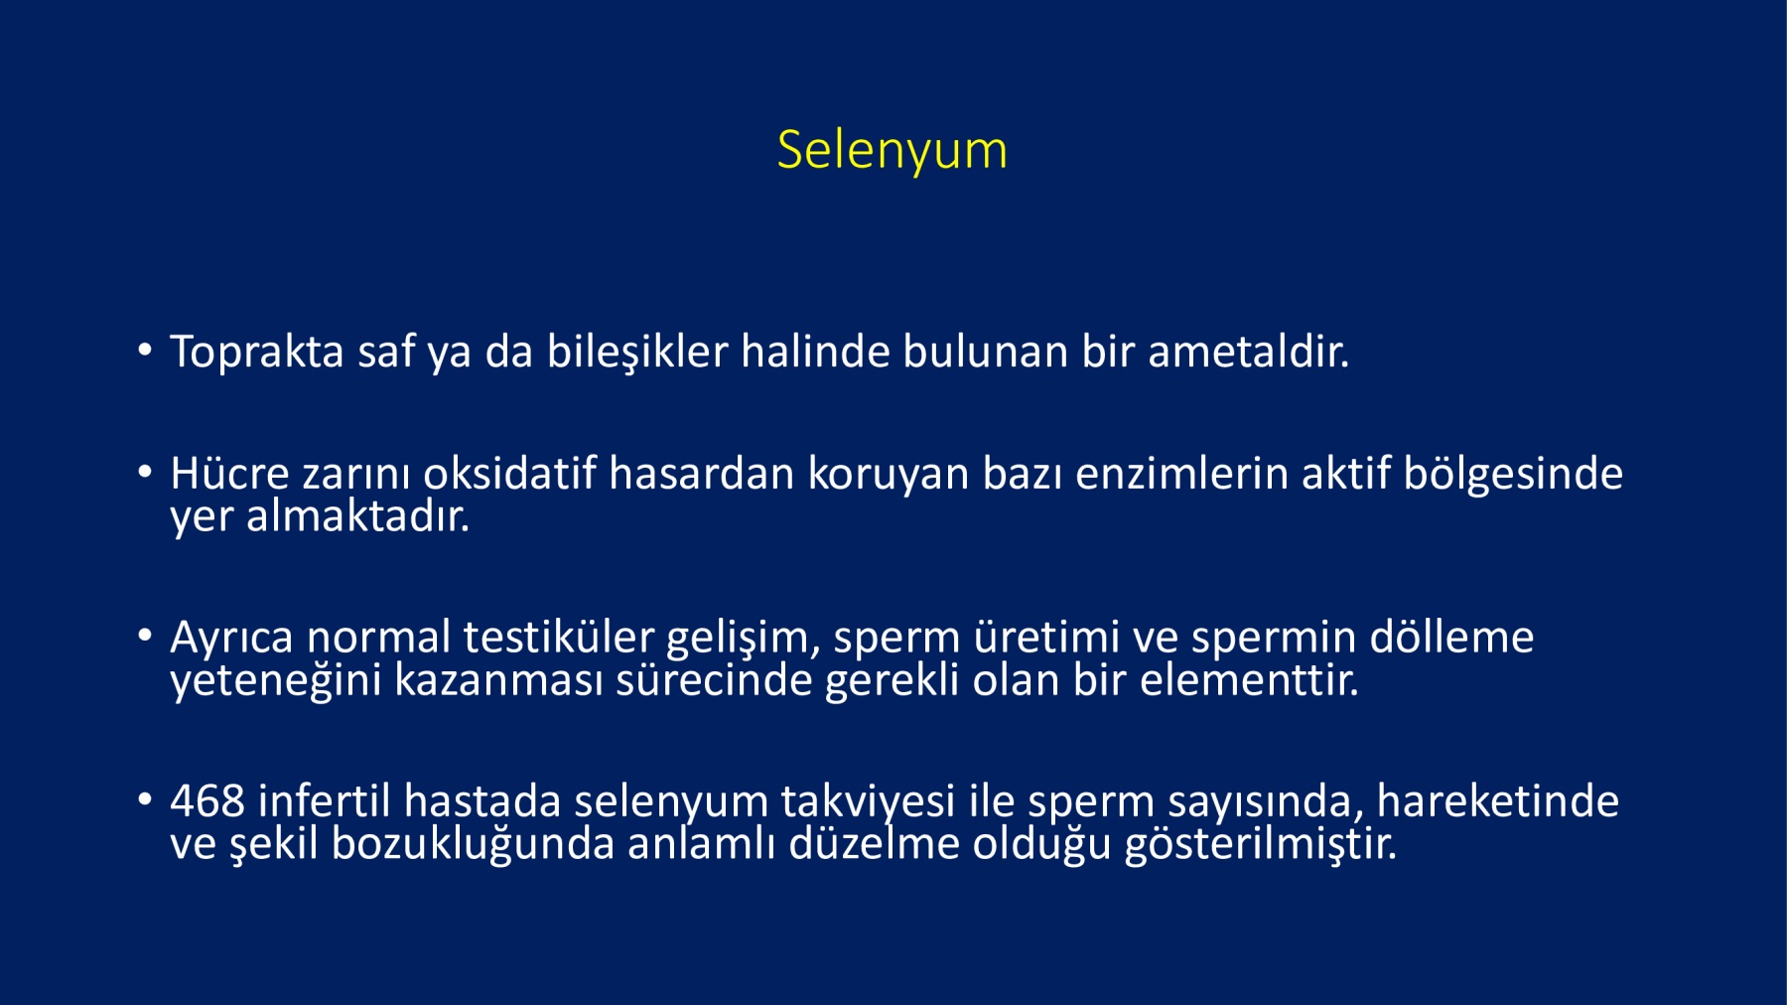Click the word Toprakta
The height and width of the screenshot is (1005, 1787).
pyautogui.click(x=257, y=353)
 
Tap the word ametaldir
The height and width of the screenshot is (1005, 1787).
pyautogui.click(x=1248, y=352)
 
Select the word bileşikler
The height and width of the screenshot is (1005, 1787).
pyautogui.click(x=637, y=353)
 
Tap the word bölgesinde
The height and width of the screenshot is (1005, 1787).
pyautogui.click(x=1513, y=474)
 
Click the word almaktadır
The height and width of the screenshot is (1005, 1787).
pyautogui.click(x=357, y=515)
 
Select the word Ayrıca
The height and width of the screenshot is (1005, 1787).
pyautogui.click(x=231, y=638)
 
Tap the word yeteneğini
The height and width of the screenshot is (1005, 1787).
pyautogui.click(x=275, y=681)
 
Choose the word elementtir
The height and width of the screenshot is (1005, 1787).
pyautogui.click(x=1249, y=680)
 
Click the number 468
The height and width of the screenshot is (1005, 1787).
pyautogui.click(x=206, y=801)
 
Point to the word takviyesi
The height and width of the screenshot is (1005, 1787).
pyautogui.click(x=868, y=801)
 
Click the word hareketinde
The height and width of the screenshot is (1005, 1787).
pyautogui.click(x=1498, y=800)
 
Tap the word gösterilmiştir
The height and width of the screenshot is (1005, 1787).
pyautogui.click(x=1260, y=844)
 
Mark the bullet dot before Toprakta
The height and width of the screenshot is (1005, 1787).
pyautogui.click(x=145, y=350)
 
